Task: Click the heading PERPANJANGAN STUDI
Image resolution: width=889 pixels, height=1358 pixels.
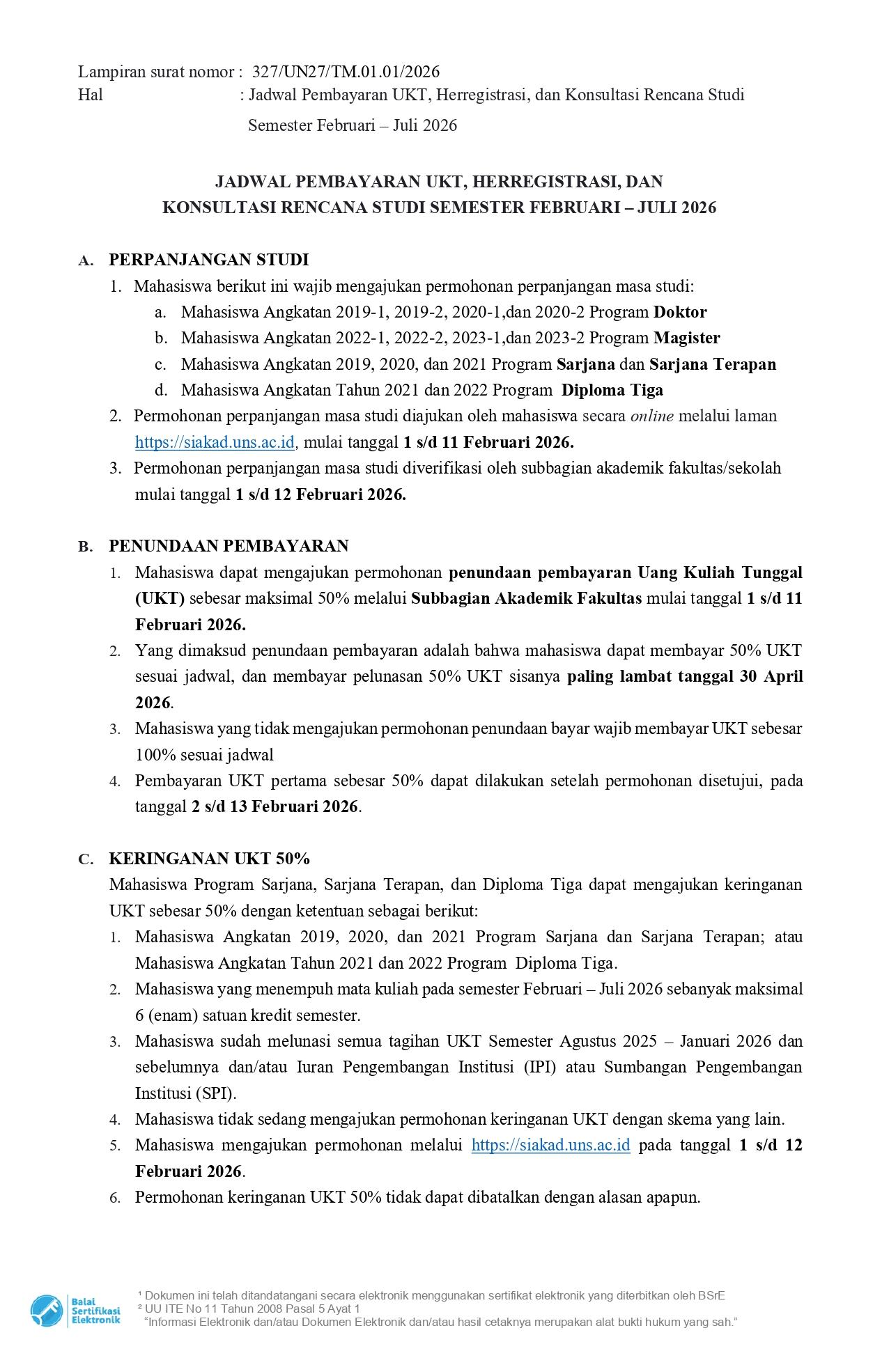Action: tap(208, 260)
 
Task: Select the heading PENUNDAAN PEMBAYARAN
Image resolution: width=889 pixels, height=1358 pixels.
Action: tap(229, 546)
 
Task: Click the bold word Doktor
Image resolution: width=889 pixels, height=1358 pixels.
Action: tap(679, 312)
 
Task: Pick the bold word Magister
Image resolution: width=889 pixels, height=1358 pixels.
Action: tap(686, 338)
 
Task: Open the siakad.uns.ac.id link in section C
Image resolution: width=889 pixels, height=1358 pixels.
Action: tap(550, 1146)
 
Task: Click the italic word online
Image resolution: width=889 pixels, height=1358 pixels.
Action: tap(651, 416)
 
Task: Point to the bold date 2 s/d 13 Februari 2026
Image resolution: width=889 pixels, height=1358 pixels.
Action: tap(275, 806)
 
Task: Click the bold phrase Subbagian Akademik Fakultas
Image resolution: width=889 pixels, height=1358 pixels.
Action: tap(526, 599)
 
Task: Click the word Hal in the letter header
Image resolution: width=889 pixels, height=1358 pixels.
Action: tap(91, 95)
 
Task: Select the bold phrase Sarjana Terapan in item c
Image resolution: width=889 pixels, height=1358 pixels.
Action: tap(712, 364)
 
